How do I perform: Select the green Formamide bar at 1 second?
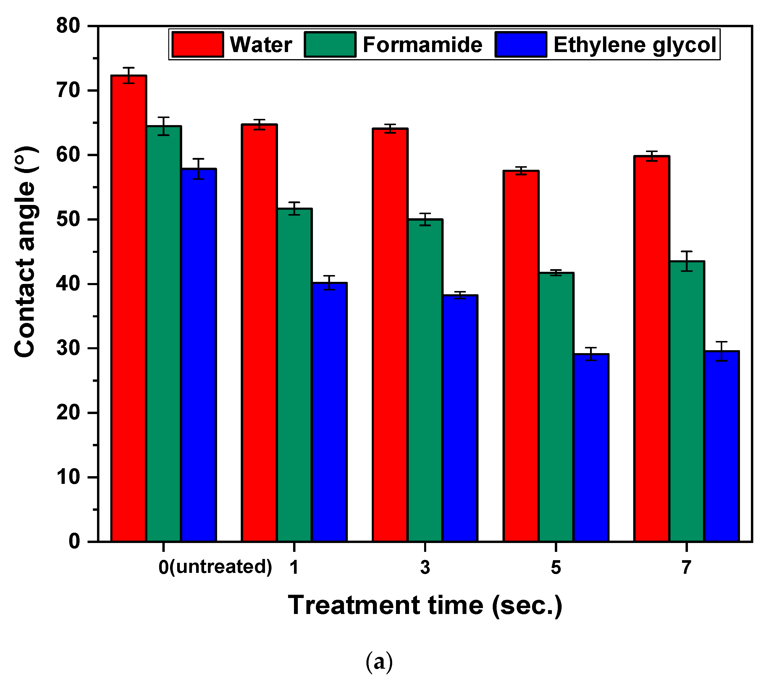point(295,375)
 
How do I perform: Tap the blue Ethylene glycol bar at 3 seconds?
point(460,418)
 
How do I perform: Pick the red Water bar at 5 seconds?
point(521,356)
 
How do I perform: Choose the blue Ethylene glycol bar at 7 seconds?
point(721,446)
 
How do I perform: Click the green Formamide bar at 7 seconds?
point(686,401)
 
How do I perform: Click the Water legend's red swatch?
point(198,45)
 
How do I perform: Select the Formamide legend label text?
point(422,45)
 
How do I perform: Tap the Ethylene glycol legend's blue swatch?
point(521,45)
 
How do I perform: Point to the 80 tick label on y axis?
point(68,26)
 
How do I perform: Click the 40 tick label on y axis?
point(68,284)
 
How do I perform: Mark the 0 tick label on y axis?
point(74,542)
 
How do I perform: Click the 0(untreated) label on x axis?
point(215,567)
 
